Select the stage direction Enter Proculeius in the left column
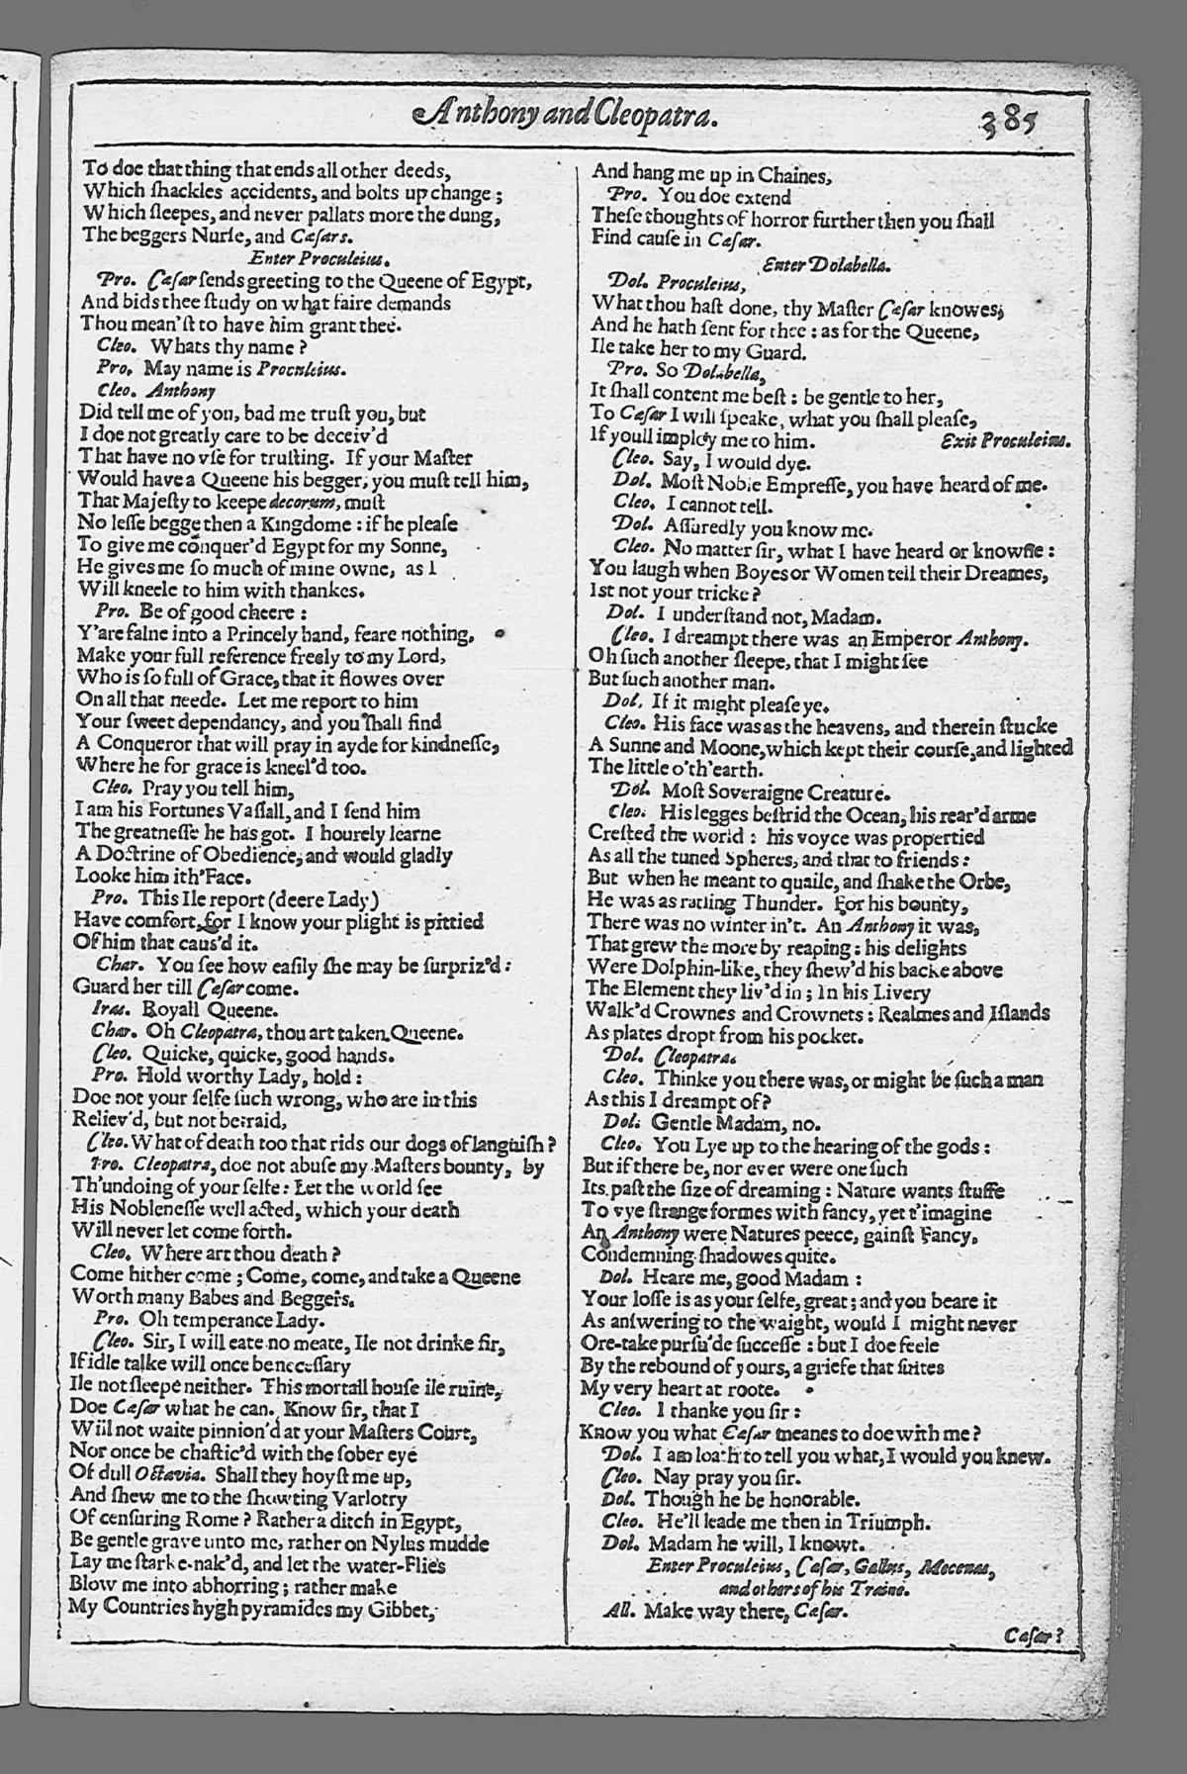(310, 258)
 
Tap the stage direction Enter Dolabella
(827, 264)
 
